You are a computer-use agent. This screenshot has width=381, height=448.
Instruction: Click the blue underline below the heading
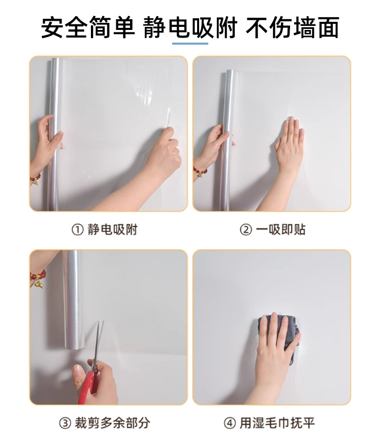[190, 44]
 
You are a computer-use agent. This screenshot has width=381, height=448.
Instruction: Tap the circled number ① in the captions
[77, 230]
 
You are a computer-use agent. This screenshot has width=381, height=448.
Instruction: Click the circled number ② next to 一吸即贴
[245, 230]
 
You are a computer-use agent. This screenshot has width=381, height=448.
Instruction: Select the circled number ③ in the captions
[65, 423]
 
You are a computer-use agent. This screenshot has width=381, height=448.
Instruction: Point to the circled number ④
[230, 423]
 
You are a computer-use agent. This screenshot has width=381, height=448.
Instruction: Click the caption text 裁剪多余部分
[112, 423]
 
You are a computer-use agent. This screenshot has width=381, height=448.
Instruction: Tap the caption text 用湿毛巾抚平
[277, 423]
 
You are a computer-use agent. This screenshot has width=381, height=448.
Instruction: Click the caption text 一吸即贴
[280, 230]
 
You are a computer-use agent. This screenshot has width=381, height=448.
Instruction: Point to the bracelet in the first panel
[36, 179]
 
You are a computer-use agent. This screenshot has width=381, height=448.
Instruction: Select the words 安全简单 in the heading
[88, 28]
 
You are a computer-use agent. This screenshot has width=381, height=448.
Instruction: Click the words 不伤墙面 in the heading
[292, 28]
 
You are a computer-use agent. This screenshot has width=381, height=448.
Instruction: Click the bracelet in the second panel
[200, 171]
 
